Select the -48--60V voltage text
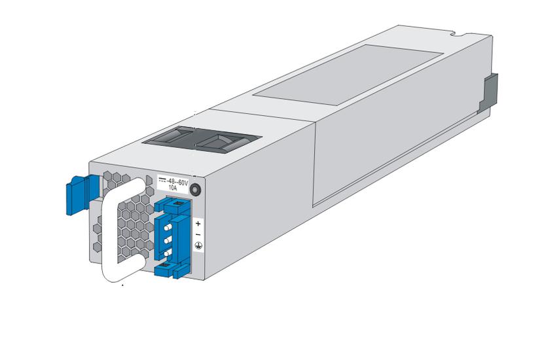[177, 181]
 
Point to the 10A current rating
[173, 188]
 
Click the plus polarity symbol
[198, 223]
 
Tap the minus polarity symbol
[198, 234]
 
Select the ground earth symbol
[198, 246]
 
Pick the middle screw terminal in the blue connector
[168, 240]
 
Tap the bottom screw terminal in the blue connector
[168, 253]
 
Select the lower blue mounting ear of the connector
[168, 270]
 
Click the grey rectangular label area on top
[348, 75]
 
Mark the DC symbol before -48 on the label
[162, 181]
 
